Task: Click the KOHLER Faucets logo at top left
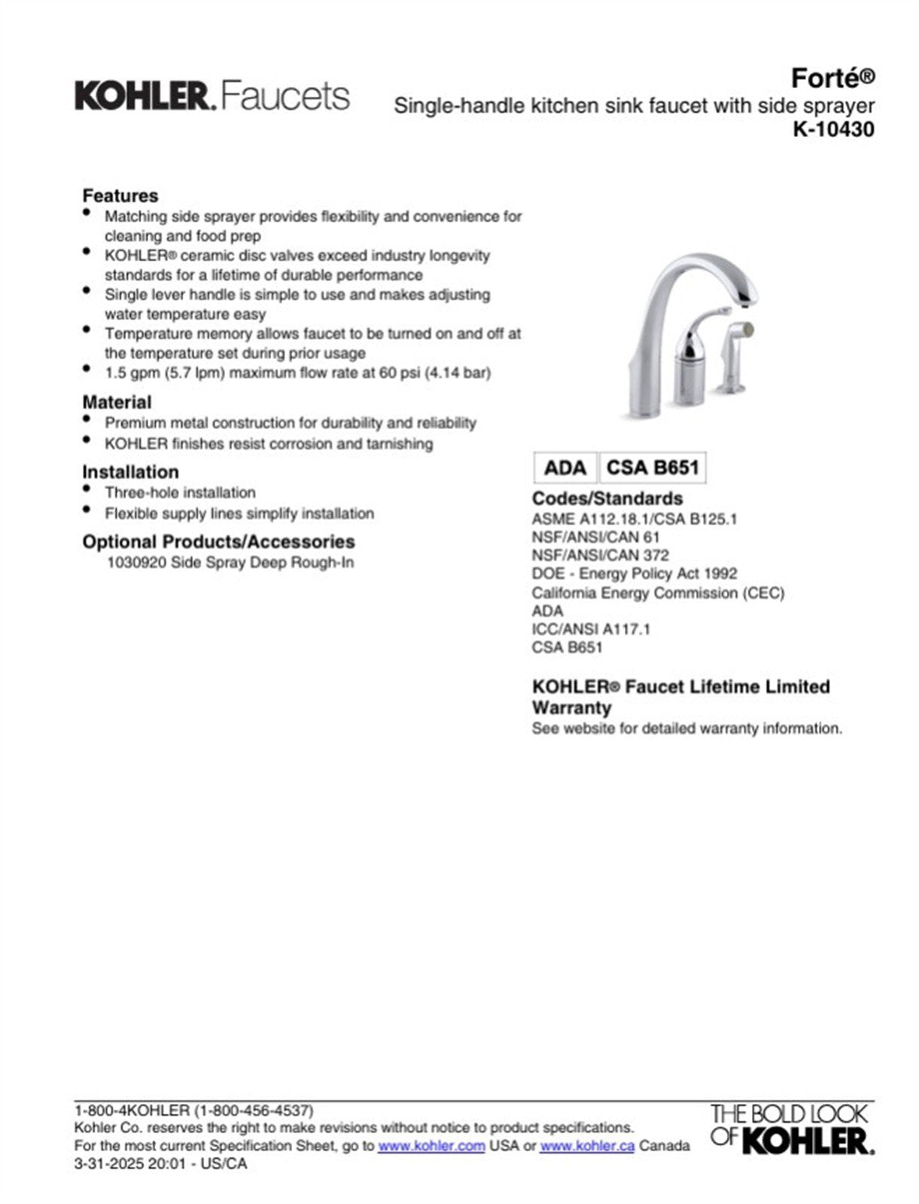211,96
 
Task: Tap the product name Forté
832,78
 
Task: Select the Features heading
120,196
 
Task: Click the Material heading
117,402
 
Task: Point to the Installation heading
130,472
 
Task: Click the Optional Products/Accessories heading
218,542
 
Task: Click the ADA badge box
564,468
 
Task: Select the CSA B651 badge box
653,468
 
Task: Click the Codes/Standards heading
607,498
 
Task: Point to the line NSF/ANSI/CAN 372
600,555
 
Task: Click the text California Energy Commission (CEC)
658,593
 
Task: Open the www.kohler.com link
431,1146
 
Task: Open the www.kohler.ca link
587,1146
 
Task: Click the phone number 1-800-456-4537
254,1111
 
